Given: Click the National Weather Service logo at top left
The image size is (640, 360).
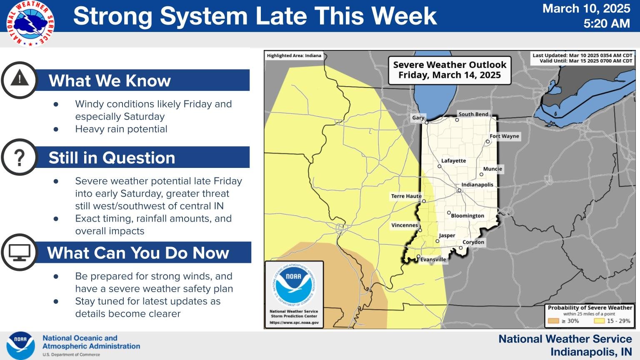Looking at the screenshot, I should tap(30, 23).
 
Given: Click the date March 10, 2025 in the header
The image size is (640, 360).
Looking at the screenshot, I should tap(586, 9).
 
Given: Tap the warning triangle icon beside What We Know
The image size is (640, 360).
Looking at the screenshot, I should tap(20, 80).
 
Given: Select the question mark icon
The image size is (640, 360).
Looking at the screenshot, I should tap(20, 157).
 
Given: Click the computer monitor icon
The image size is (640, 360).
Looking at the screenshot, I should tap(20, 252).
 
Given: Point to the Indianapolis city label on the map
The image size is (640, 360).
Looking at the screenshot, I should tap(477, 185).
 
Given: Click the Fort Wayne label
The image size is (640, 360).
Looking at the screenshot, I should tap(504, 136).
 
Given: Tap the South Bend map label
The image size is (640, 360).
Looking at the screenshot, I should tap(473, 114).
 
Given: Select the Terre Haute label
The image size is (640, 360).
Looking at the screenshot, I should tap(406, 196).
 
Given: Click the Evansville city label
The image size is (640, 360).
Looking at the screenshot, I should tap(433, 260).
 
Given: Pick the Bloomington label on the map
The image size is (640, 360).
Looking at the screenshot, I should tap(467, 216).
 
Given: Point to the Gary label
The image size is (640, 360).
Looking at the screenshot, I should tap(418, 118).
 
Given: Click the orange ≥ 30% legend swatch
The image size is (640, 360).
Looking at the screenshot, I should tap(553, 321).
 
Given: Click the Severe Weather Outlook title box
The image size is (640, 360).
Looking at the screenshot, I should tap(449, 70).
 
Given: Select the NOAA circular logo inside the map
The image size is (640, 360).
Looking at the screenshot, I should tap(294, 284).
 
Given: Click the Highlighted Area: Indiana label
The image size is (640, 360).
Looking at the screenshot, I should tap(294, 56).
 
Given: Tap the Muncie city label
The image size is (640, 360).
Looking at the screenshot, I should tap(492, 169).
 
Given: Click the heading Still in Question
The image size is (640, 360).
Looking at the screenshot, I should tap(112, 158).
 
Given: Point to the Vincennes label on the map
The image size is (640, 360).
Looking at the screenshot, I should tap(404, 225).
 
